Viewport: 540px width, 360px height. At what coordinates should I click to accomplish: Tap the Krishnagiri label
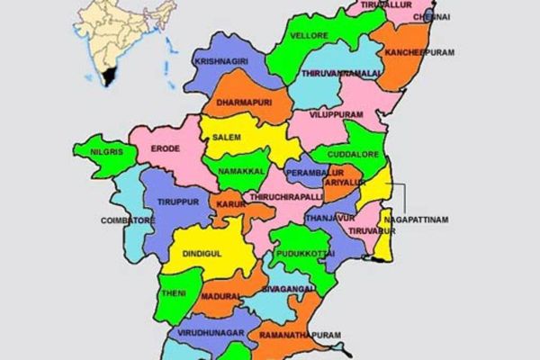coord(220,61)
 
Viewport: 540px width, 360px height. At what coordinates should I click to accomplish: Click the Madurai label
coord(220,295)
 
